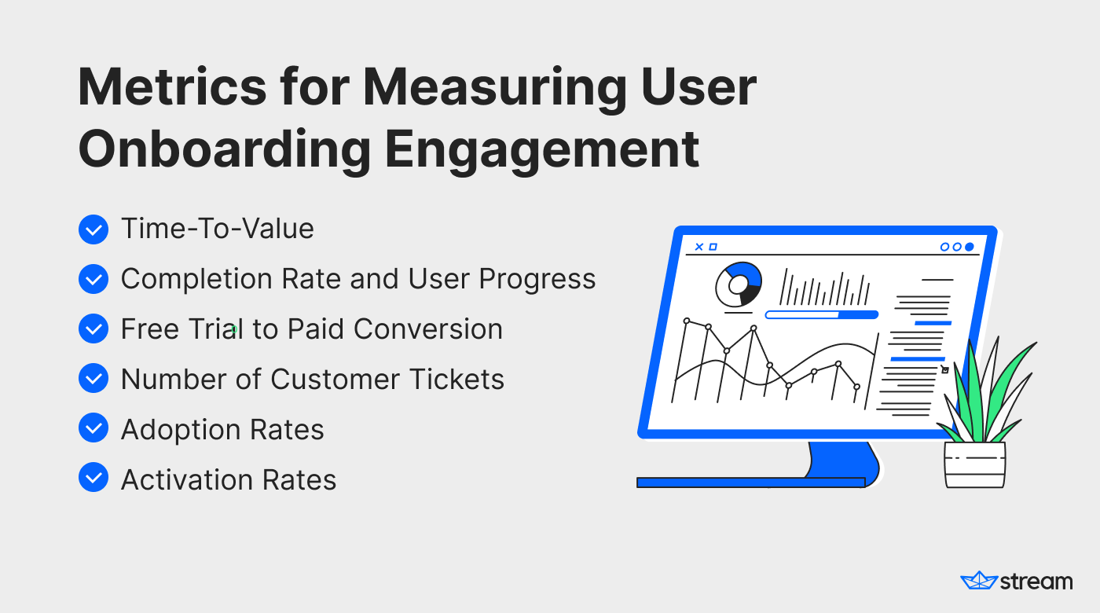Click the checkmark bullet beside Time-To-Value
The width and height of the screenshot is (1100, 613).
click(x=93, y=229)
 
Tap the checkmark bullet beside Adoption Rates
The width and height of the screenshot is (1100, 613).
click(x=93, y=428)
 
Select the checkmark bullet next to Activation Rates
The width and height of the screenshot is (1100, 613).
click(x=93, y=478)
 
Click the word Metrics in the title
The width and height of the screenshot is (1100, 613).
click(x=172, y=87)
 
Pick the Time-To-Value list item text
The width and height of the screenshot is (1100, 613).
click(x=218, y=229)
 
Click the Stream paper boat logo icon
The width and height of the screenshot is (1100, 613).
click(x=979, y=580)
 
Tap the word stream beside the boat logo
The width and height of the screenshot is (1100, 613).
click(x=1036, y=582)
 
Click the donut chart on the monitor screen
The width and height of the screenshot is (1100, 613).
click(x=738, y=284)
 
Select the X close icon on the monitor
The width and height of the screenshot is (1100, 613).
click(x=698, y=247)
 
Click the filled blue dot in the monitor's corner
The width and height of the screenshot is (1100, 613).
click(x=970, y=247)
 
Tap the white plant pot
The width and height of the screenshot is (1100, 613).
click(x=975, y=464)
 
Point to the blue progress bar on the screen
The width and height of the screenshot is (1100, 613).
click(x=822, y=315)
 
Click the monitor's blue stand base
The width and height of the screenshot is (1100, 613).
click(x=750, y=483)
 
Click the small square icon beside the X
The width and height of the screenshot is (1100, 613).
click(x=713, y=247)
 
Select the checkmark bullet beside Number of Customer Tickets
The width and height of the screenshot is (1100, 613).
click(x=93, y=378)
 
